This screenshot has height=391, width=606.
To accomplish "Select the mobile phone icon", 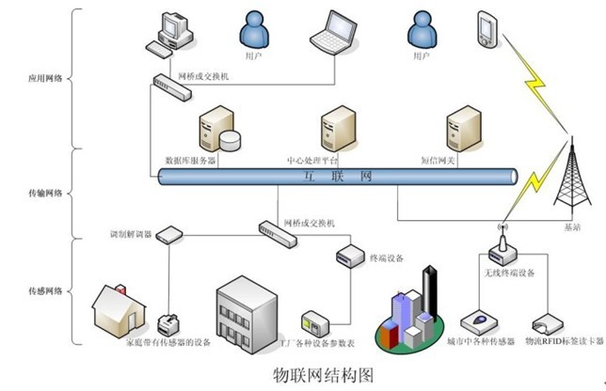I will (486, 28).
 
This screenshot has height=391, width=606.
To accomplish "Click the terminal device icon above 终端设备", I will (349, 254).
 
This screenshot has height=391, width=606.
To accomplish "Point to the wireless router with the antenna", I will (500, 246).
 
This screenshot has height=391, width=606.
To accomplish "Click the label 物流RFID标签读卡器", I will (562, 342).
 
